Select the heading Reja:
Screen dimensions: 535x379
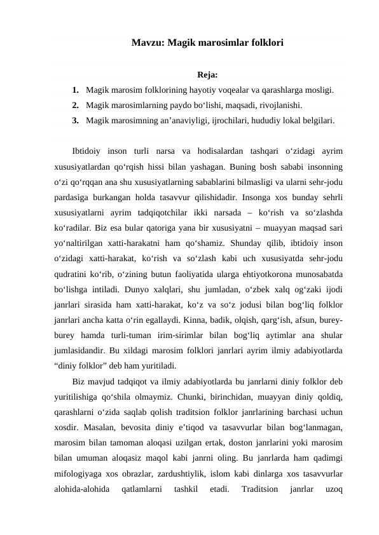(208, 75)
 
